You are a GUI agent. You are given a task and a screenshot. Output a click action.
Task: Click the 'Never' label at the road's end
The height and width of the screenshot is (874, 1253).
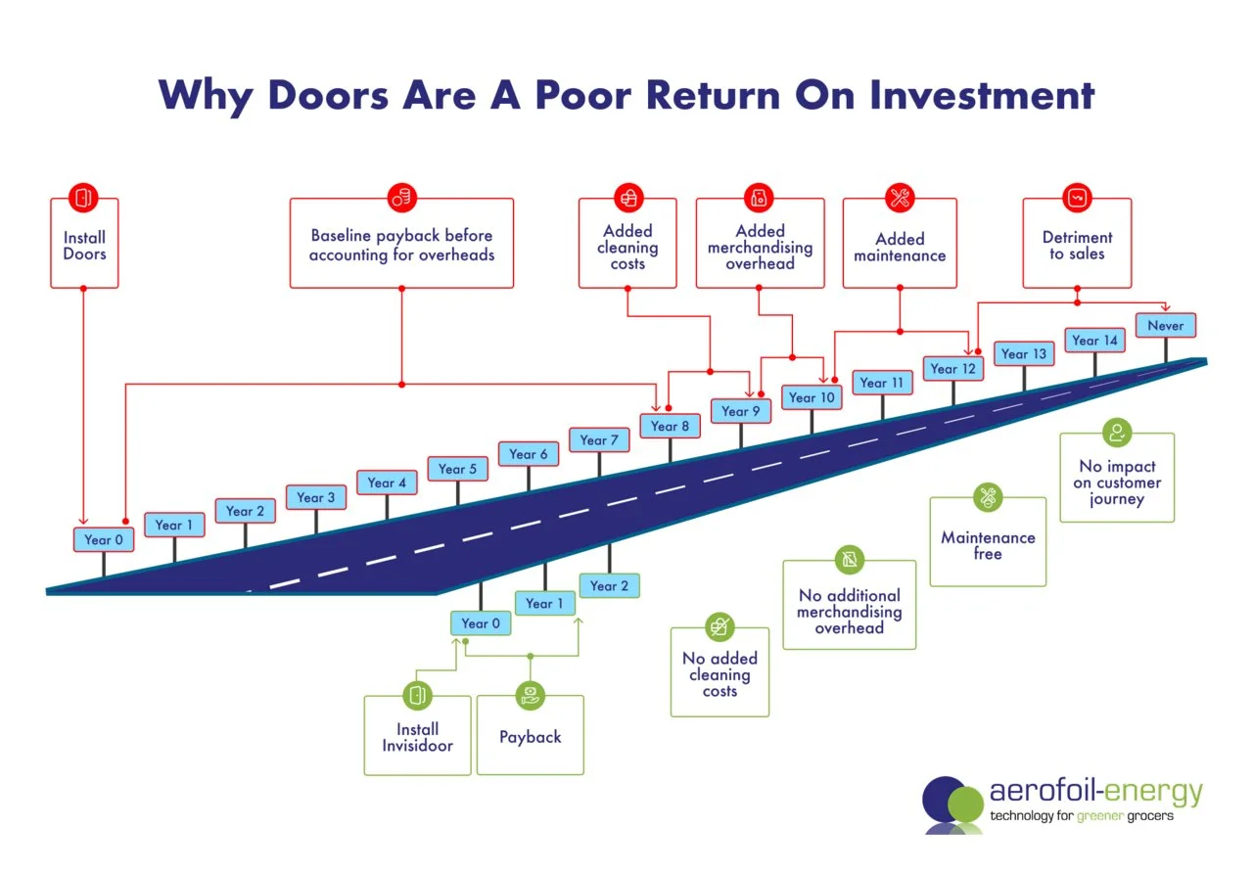[x=1165, y=325]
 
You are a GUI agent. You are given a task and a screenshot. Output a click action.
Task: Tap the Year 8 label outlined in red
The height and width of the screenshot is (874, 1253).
[x=671, y=426]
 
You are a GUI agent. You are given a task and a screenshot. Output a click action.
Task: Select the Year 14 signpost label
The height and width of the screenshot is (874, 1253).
[x=1094, y=341]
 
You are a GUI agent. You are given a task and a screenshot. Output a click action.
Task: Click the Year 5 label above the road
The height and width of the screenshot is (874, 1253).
[x=457, y=469]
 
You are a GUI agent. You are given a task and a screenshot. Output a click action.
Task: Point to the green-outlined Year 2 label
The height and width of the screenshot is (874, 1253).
[x=609, y=586]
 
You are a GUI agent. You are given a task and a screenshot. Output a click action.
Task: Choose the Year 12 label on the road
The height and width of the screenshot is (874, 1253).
[x=953, y=369]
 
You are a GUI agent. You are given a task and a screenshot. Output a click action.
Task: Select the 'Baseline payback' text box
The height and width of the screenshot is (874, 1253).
[x=401, y=245]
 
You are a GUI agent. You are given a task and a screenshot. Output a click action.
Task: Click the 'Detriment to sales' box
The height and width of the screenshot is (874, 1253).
[x=1077, y=245]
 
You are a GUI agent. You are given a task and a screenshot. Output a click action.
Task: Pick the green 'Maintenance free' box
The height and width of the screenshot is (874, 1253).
[x=988, y=544]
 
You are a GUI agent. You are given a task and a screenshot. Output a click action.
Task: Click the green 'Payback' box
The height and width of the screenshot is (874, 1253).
[x=530, y=736]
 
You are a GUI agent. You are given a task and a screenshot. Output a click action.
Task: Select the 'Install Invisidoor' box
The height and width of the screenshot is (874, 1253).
[x=418, y=736]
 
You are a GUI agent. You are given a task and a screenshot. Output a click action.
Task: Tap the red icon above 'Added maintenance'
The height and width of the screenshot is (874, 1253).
[x=900, y=197]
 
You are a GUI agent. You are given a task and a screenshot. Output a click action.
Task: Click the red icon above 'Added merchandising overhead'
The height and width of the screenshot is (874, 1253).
[x=759, y=197]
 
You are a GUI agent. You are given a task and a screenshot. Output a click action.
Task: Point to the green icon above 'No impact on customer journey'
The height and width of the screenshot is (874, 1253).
[x=1116, y=433]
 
